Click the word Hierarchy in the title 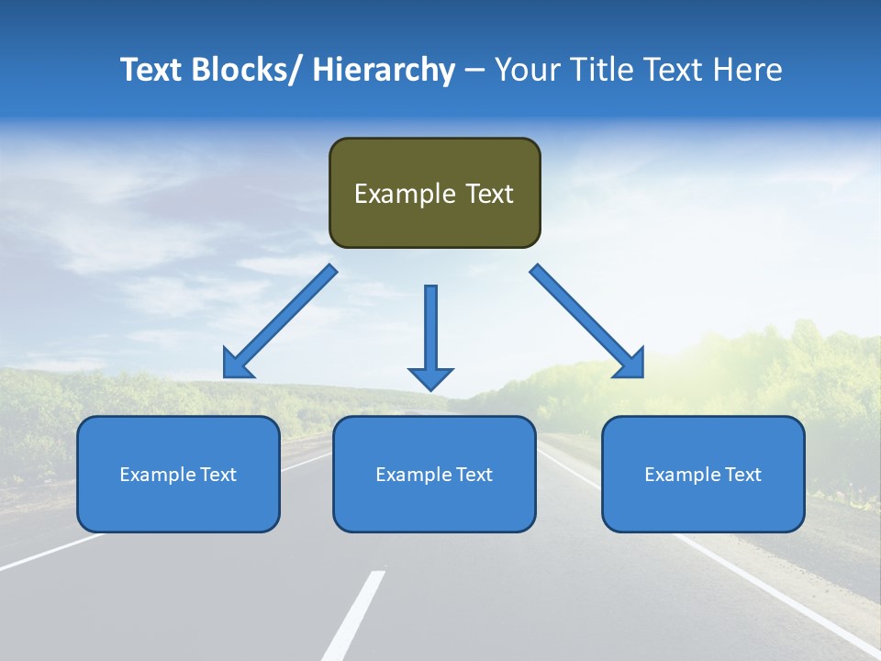[x=384, y=70]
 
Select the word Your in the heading [x=523, y=70]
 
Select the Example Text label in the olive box [x=434, y=194]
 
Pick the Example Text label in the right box [x=703, y=475]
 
